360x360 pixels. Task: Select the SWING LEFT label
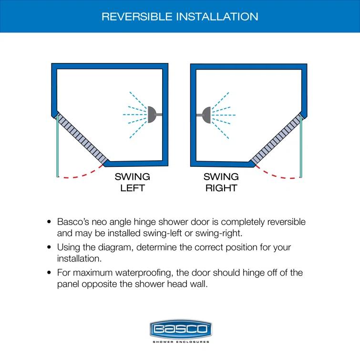[x=132, y=182]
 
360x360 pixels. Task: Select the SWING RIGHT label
[x=221, y=182]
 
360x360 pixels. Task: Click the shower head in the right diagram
[x=206, y=114]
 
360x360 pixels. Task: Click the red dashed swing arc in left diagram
[x=81, y=175]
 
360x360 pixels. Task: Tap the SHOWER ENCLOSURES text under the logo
[x=180, y=342]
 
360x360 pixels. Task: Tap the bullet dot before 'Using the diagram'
[x=49, y=248]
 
